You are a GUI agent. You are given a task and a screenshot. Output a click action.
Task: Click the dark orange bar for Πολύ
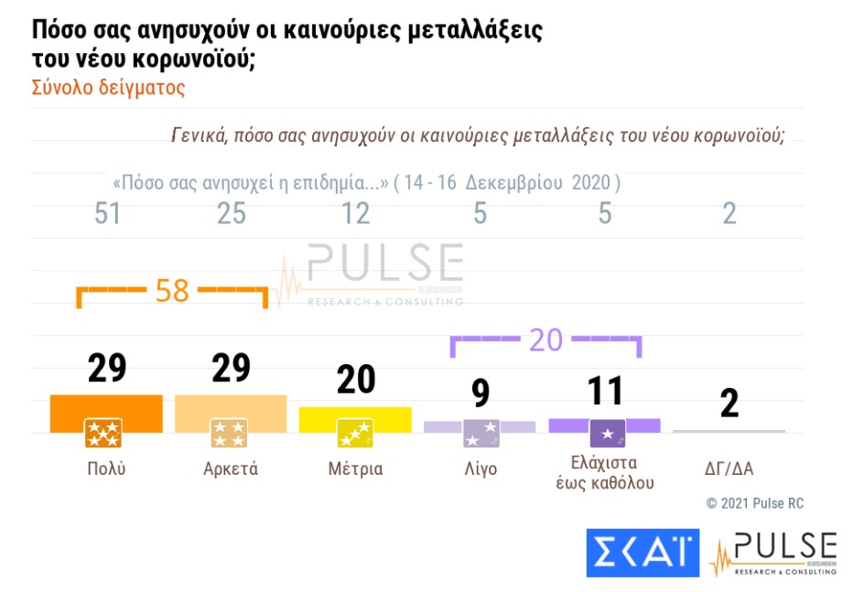[106, 408]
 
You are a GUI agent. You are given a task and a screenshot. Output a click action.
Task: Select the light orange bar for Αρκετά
[231, 408]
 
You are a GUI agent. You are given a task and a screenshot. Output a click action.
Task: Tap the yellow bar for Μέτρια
[355, 414]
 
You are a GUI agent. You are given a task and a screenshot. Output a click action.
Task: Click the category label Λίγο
[480, 469]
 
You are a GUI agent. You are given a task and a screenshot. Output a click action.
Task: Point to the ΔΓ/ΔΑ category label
[729, 469]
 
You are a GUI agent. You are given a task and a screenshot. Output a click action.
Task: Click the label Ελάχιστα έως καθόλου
[604, 471]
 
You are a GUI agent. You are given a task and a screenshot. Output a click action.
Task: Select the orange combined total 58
[172, 291]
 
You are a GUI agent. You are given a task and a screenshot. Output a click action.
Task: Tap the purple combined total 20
[546, 339]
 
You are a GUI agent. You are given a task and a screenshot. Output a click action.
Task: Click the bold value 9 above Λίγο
[480, 393]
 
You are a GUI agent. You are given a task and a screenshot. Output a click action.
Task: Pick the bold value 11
[604, 391]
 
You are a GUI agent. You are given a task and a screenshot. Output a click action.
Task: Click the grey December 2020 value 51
[107, 214]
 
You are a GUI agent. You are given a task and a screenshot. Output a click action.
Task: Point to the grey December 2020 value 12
[355, 214]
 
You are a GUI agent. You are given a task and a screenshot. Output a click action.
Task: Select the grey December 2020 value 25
[232, 214]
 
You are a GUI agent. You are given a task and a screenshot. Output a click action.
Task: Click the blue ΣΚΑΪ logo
[642, 553]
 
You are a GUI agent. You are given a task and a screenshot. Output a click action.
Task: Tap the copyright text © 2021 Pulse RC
[753, 503]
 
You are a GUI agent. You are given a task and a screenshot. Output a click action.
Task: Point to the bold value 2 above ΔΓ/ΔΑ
[729, 404]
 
